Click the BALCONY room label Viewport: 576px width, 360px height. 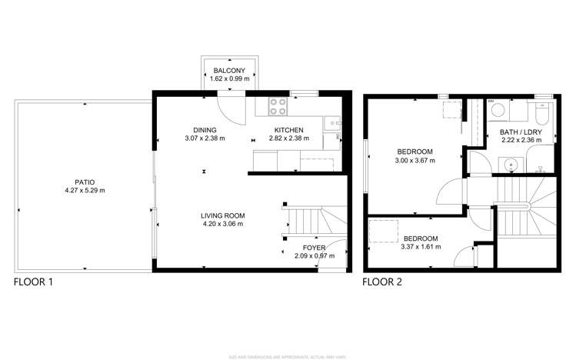tap(229, 70)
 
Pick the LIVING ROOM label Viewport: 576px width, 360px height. tap(222, 215)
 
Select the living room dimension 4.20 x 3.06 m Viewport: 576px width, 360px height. tap(222, 224)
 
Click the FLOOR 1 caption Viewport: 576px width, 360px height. tap(34, 282)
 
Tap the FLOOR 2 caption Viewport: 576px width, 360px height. tap(383, 282)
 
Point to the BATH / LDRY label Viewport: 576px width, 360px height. tap(521, 132)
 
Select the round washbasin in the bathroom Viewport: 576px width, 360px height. tap(508, 164)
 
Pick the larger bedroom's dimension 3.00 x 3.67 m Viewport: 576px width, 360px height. tap(415, 161)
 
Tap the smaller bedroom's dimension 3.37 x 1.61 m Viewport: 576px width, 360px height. tap(421, 248)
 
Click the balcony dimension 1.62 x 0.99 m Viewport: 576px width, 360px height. tap(229, 78)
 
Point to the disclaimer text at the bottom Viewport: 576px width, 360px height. tap(288, 355)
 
